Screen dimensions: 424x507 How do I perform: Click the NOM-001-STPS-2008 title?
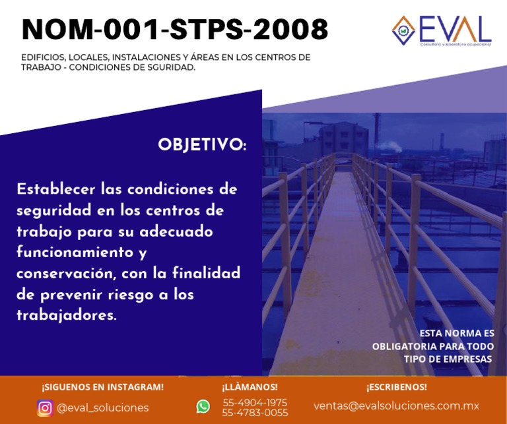click(174, 30)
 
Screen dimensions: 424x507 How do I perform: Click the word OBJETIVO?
click(201, 145)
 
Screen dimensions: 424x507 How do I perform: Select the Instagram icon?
click(45, 408)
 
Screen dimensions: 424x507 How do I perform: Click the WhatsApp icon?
click(203, 407)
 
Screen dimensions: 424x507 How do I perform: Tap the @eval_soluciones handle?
click(102, 408)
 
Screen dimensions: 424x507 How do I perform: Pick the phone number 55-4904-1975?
click(255, 402)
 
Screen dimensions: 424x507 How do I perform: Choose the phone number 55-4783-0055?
click(255, 413)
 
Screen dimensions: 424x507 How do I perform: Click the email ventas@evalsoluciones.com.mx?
click(396, 406)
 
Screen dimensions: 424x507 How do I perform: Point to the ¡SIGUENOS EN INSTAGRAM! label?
click(102, 387)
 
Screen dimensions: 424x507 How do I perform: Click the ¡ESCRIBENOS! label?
click(396, 387)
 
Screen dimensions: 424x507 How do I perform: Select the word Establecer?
click(56, 190)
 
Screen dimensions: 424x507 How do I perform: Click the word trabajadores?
click(66, 316)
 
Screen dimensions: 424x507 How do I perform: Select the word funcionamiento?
click(74, 253)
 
